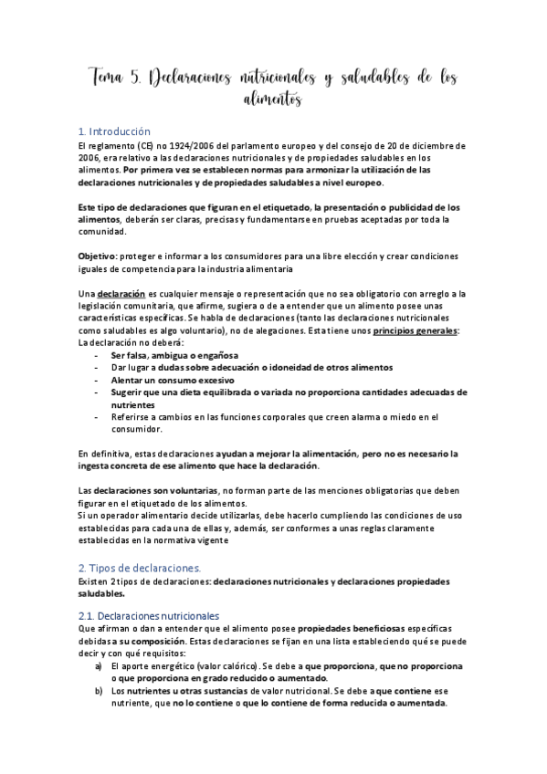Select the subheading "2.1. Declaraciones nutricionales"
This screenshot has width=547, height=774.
click(x=149, y=616)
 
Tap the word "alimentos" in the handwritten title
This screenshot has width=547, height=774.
click(x=272, y=99)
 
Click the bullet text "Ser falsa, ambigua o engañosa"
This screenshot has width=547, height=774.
click(x=174, y=354)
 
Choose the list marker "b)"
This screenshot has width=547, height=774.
click(x=98, y=691)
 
